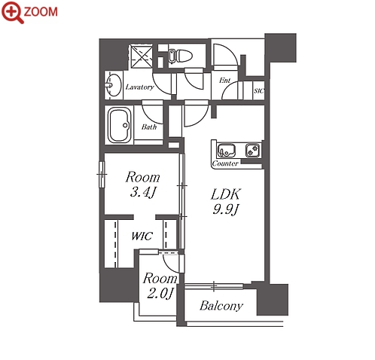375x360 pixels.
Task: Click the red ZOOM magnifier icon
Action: [x=13, y=12]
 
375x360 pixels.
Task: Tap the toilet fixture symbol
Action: [x=180, y=56]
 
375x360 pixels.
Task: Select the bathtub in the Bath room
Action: [x=120, y=125]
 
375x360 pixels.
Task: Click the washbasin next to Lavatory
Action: [x=113, y=85]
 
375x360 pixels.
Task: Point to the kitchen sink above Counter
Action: [x=226, y=150]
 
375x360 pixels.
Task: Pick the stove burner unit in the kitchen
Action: [x=252, y=150]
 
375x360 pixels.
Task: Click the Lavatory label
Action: [x=139, y=87]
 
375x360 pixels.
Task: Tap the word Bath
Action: [x=149, y=127]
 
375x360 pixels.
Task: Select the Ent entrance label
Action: [x=224, y=81]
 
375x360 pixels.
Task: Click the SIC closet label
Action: [x=258, y=90]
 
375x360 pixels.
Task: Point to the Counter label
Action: [x=225, y=163]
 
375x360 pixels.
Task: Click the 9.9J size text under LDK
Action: [x=226, y=209]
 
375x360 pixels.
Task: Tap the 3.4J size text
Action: [x=143, y=193]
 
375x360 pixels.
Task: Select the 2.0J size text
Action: [x=160, y=293]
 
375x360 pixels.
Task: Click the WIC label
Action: [x=142, y=236]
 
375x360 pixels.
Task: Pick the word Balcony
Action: [x=221, y=306]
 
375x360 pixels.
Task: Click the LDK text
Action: [x=226, y=194]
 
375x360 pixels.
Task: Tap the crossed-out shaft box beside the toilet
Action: [x=142, y=56]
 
